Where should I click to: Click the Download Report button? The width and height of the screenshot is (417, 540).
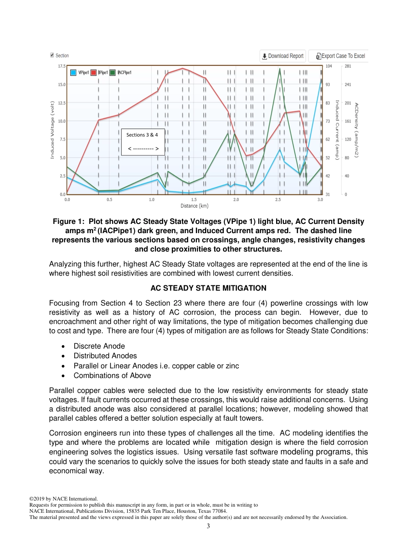(283, 56)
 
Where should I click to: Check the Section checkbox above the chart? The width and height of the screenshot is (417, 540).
(52, 55)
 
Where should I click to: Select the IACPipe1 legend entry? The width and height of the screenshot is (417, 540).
(121, 72)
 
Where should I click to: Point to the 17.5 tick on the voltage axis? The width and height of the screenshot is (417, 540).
(61, 66)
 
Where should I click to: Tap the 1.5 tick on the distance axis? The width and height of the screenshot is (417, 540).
(194, 200)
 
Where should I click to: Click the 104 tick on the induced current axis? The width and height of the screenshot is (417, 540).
(328, 66)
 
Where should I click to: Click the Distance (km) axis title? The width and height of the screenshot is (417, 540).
(194, 206)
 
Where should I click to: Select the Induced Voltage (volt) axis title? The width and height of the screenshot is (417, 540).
(52, 130)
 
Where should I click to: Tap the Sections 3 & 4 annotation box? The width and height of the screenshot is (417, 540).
(143, 142)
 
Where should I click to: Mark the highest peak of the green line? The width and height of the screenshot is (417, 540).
(280, 68)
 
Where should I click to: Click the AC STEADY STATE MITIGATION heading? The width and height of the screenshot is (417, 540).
(208, 288)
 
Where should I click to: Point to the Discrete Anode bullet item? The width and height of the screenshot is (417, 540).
(99, 346)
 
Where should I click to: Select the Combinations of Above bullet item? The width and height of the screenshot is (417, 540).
(112, 375)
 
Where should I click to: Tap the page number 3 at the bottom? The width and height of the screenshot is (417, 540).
(208, 526)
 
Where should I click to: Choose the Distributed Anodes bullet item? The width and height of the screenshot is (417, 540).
(105, 356)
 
